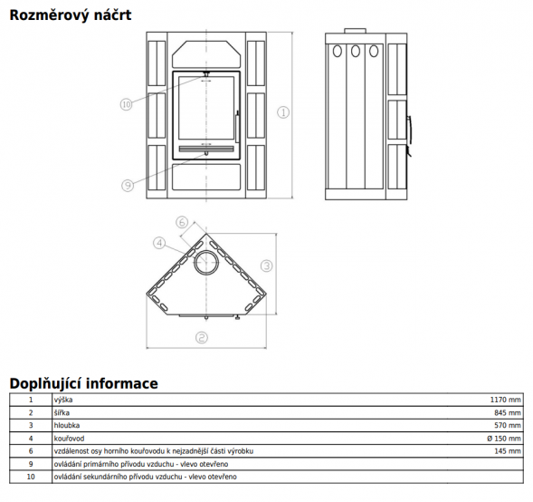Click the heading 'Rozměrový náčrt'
(71, 15)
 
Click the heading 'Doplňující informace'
(83, 383)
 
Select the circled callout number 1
(283, 112)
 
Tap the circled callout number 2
(202, 338)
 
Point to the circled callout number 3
(267, 265)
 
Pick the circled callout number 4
(159, 243)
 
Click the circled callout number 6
(182, 223)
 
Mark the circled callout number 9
(128, 186)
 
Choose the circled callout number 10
(126, 104)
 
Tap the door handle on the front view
(237, 126)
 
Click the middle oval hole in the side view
(356, 51)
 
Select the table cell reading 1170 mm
(505, 400)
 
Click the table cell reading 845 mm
(507, 413)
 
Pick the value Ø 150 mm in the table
(504, 439)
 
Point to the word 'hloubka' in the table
(67, 425)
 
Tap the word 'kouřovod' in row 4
(69, 439)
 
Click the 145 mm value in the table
(507, 451)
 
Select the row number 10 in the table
(31, 477)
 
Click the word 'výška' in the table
(63, 400)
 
